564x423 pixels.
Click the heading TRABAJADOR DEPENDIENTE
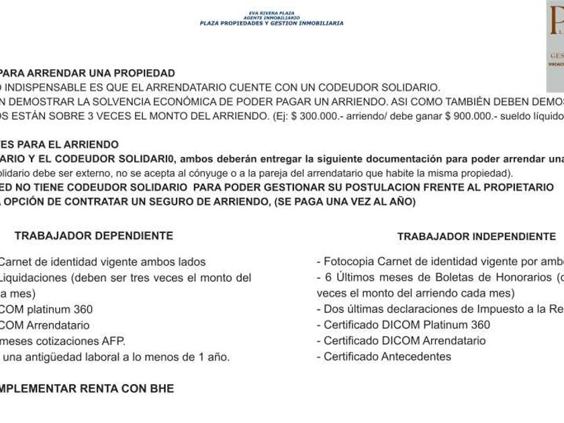tap(93, 236)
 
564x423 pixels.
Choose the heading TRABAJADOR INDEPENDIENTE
tap(476, 236)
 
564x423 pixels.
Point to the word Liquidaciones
tap(34, 277)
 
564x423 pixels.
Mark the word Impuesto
tap(498, 309)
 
